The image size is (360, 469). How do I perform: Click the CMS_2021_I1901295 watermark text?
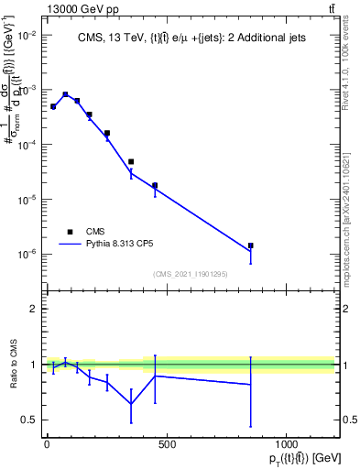tap(191, 274)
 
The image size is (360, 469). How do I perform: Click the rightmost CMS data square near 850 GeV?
tap(250, 245)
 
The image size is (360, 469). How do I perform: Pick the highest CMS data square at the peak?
tap(65, 94)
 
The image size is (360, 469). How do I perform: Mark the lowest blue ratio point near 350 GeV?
tap(131, 404)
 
